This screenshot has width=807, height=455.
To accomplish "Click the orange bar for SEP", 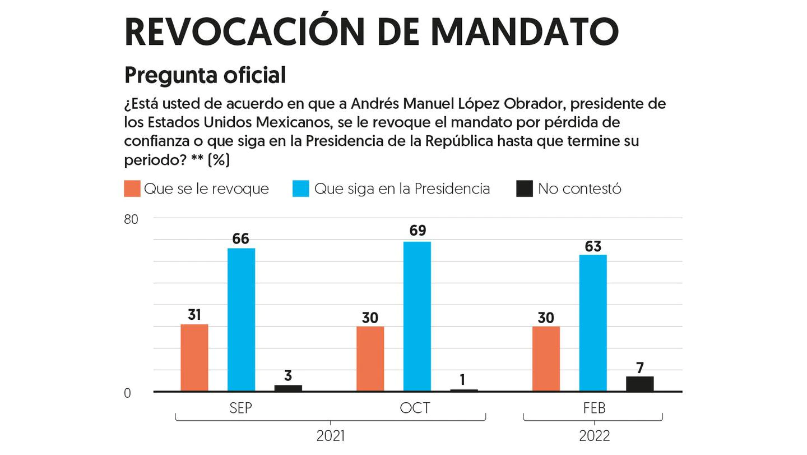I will tap(194, 357).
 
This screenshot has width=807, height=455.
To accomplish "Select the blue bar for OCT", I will tap(417, 316).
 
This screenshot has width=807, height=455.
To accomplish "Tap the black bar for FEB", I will tap(639, 384).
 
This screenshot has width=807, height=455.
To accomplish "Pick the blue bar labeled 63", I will tap(593, 323).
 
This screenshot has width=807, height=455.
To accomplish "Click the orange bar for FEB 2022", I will tap(546, 359).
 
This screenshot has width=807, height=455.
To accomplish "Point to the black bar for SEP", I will tap(288, 388).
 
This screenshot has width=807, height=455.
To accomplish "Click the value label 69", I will tap(418, 231).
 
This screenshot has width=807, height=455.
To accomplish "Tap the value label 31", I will tap(194, 315).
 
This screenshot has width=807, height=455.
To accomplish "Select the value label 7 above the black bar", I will tap(640, 368).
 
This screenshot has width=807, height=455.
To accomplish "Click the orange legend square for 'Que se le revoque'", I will tap(132, 189).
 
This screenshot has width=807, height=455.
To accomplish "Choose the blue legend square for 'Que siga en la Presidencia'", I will tap(301, 189).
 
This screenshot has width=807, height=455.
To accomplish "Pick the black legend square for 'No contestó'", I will tap(524, 189).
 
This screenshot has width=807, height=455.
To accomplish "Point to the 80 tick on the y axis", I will tap(131, 219).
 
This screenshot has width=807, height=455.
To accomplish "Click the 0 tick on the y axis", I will tap(127, 393).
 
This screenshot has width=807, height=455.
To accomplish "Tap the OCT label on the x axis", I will tap(415, 408).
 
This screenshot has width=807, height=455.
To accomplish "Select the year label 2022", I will tap(594, 436).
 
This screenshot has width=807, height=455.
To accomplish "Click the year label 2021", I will tap(331, 436).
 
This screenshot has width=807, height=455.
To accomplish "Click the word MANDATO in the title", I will tap(525, 32).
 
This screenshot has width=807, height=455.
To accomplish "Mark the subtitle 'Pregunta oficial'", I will tap(205, 75).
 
